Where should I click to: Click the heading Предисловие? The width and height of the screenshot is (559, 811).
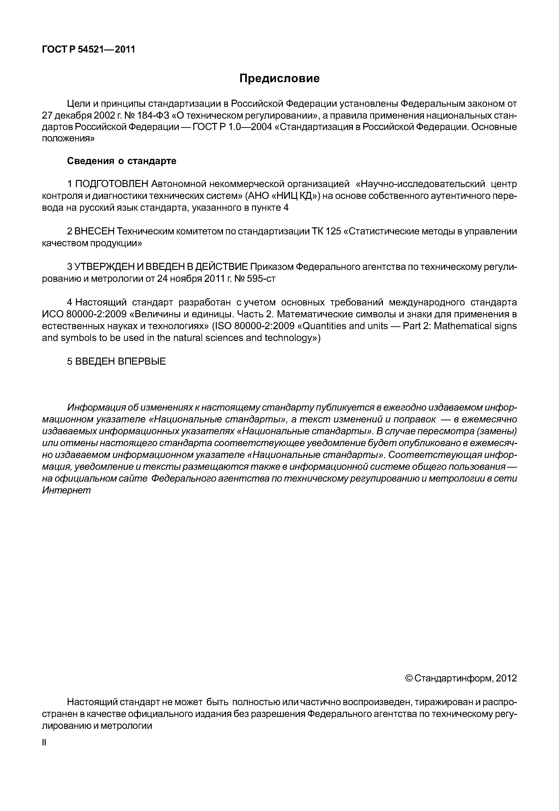(x=279, y=78)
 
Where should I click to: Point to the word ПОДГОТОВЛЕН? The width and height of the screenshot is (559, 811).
(x=112, y=184)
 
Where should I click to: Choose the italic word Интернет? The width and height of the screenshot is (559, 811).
(x=66, y=490)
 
